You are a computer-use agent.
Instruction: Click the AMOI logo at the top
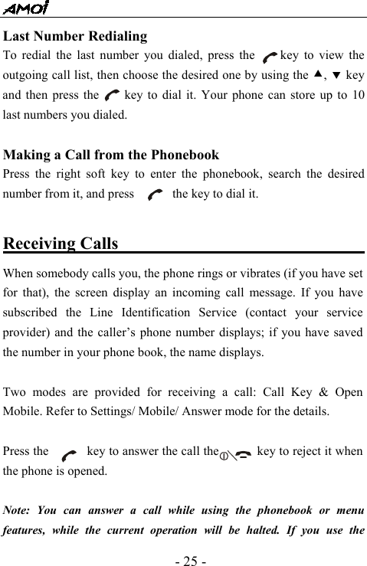(26, 8)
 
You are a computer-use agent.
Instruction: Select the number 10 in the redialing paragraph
(357, 97)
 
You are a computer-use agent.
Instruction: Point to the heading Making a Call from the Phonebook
(111, 155)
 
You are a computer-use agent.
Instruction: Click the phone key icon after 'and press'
(153, 195)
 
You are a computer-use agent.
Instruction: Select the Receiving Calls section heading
(61, 244)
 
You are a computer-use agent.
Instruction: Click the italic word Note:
(20, 510)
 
